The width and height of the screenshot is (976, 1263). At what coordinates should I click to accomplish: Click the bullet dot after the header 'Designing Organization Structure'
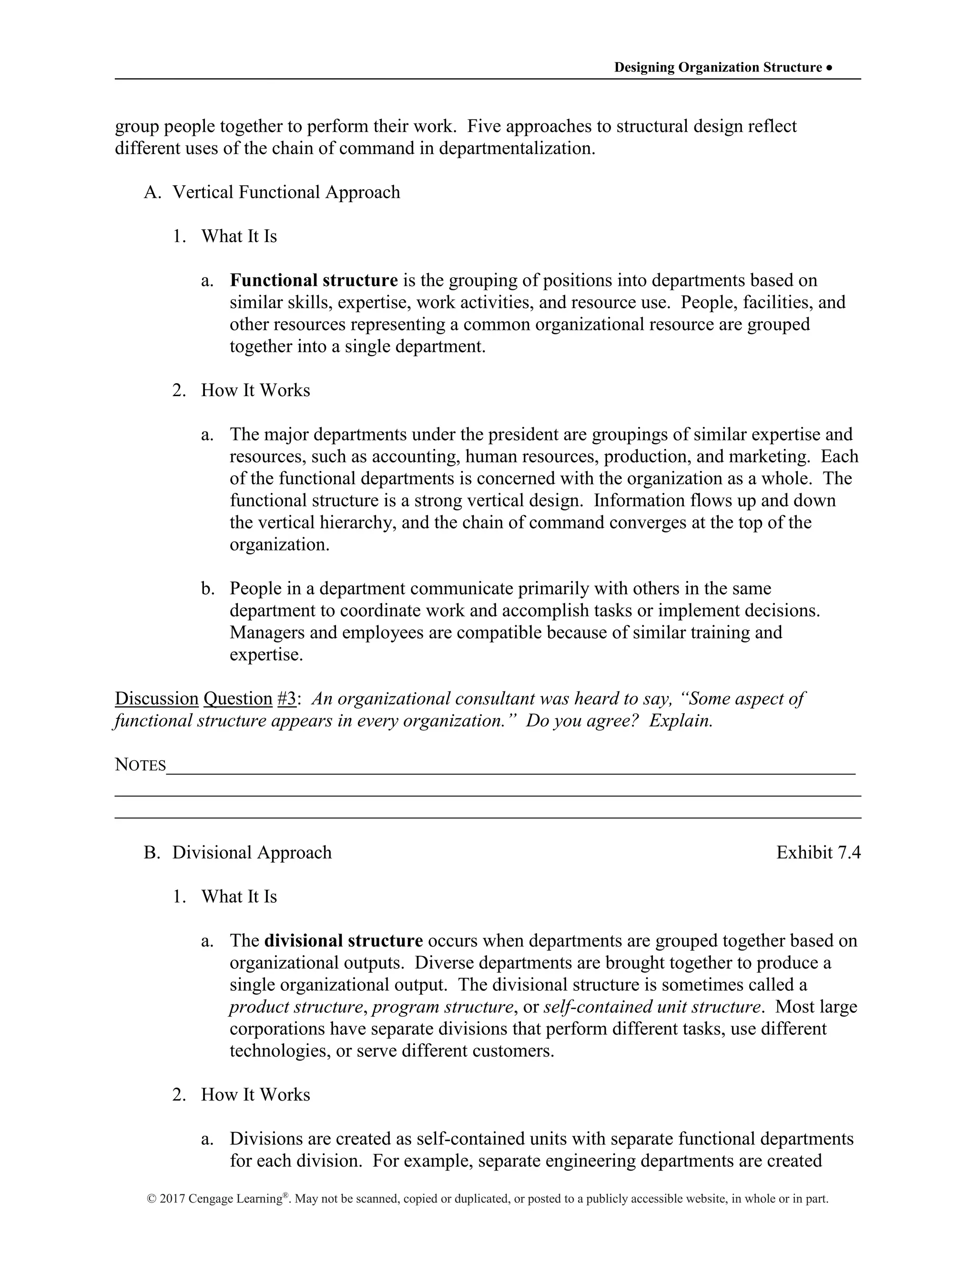coord(830,68)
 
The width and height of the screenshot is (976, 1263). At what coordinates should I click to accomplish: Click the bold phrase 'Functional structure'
coord(314,280)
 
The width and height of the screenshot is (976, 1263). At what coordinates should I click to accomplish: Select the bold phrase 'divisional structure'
coord(344,941)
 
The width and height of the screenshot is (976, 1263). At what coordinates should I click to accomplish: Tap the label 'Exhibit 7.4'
coord(818,853)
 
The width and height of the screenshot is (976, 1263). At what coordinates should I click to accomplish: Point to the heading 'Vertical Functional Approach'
coord(286,192)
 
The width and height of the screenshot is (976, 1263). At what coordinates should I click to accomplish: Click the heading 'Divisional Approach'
coord(252,853)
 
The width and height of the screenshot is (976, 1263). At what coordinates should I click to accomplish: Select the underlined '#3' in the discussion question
coord(287,699)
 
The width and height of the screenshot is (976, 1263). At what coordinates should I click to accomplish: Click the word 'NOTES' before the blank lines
coord(141,764)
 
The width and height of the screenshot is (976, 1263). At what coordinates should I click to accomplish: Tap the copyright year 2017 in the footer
coord(173,1199)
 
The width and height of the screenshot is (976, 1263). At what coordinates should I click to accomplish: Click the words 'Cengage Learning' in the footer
coord(234,1199)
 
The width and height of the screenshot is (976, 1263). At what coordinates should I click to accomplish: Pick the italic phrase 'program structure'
coord(442,1007)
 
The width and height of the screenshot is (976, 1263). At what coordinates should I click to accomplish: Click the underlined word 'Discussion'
coord(157,699)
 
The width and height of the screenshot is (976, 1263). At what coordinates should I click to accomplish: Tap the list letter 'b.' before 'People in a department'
coord(208,589)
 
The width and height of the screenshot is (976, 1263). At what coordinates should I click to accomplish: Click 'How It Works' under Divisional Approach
coord(255,1095)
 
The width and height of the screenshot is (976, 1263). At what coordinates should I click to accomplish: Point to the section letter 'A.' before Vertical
coord(152,192)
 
